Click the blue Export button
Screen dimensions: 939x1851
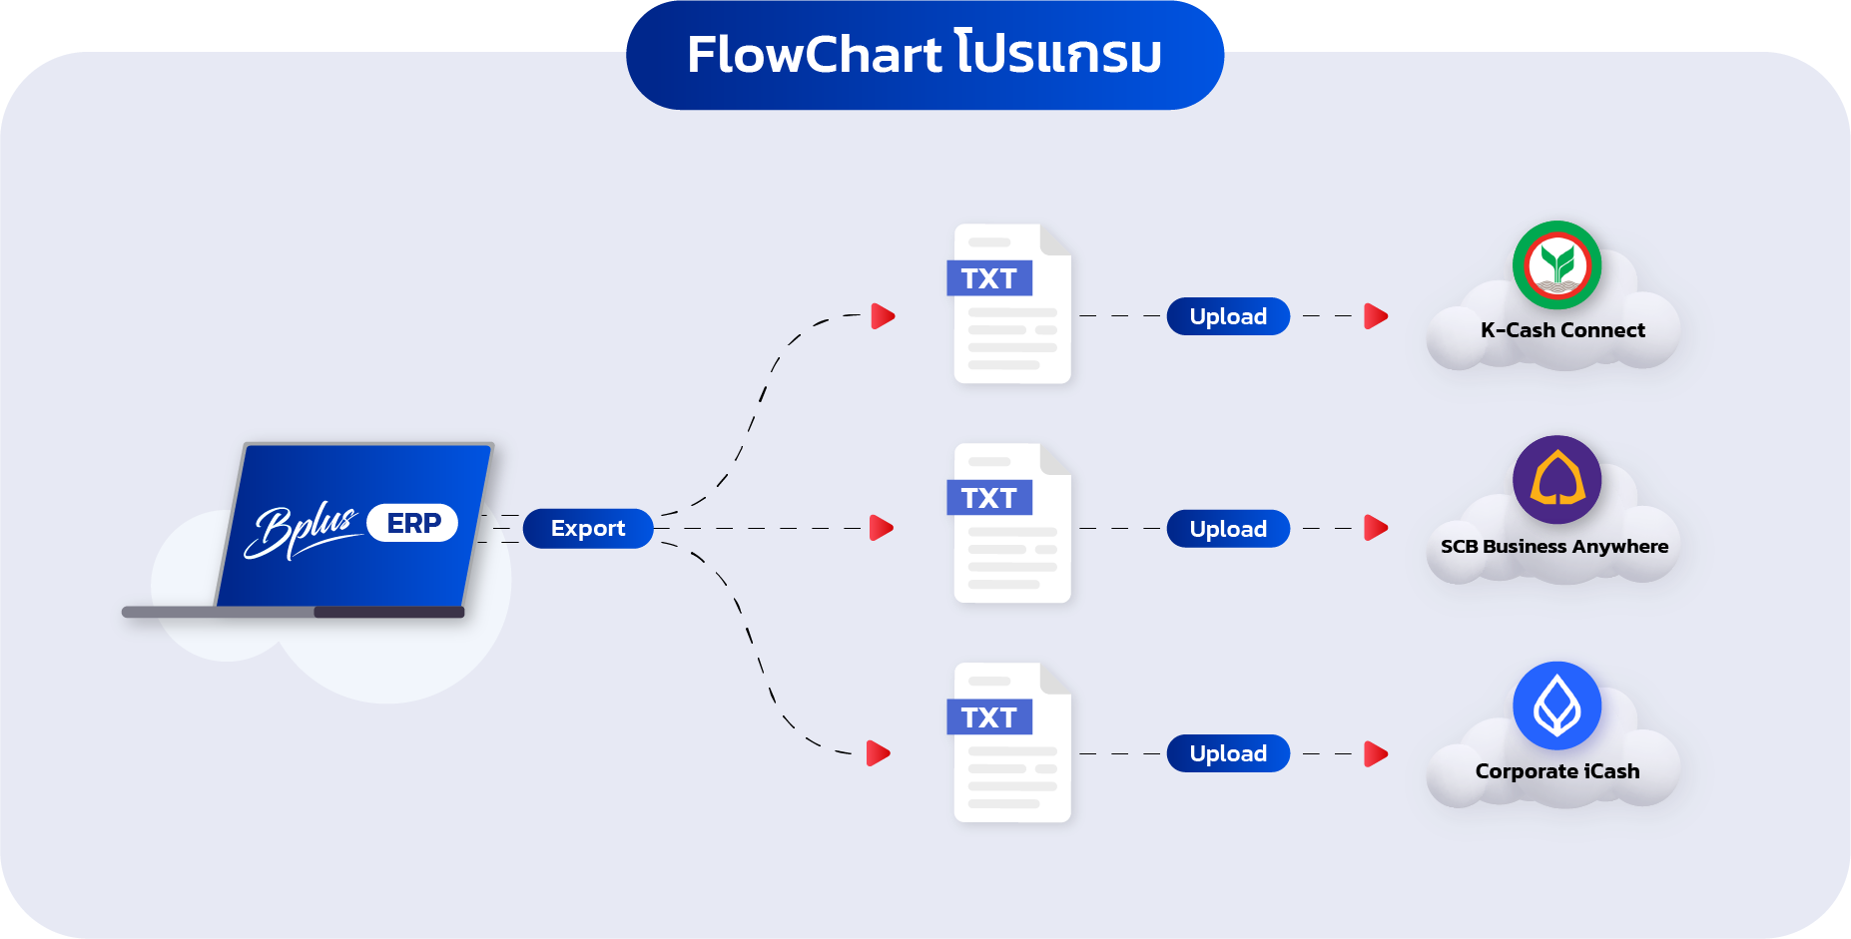(587, 528)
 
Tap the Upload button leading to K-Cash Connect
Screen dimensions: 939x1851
(1228, 316)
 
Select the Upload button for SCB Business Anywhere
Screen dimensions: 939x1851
(1228, 529)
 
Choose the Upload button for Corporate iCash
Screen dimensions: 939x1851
(1228, 753)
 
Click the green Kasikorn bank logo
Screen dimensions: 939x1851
(1556, 265)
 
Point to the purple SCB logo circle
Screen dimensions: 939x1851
(1556, 480)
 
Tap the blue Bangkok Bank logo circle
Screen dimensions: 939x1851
(1556, 705)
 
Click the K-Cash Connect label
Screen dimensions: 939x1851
(1562, 330)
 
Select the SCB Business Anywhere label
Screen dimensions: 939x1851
(1553, 547)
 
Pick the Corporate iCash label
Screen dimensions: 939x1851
(1556, 771)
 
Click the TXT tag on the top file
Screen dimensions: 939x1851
(988, 278)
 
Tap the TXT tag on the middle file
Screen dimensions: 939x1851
(988, 498)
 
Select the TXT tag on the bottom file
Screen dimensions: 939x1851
(988, 717)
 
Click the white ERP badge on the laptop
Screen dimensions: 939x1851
(412, 523)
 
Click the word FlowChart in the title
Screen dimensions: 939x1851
(814, 55)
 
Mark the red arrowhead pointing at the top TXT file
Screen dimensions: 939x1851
(883, 316)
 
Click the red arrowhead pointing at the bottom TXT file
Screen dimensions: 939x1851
(878, 753)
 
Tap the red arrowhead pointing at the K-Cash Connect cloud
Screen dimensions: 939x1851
(1376, 316)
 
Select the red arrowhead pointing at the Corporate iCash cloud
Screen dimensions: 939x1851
(1376, 753)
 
